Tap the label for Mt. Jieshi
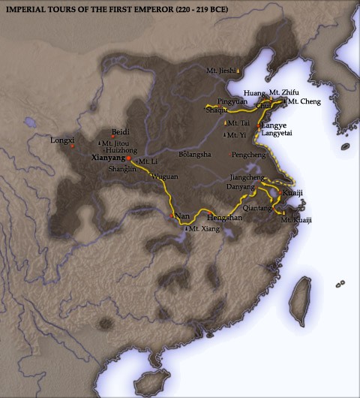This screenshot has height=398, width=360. [220, 71]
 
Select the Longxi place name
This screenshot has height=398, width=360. [58, 140]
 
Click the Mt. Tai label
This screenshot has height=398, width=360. [238, 122]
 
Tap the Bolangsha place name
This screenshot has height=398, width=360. [196, 154]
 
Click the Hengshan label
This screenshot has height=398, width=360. [225, 216]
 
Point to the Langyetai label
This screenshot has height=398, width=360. [277, 134]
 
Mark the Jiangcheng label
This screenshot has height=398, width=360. [247, 177]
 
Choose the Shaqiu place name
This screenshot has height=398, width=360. [217, 110]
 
